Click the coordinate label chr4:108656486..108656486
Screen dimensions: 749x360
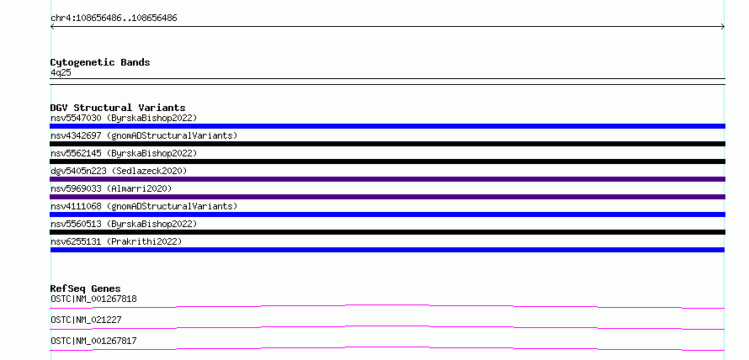114,19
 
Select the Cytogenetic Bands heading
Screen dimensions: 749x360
100,62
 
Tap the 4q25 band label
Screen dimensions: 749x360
61,72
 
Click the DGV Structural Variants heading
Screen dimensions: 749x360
118,108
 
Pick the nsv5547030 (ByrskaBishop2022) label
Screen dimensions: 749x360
124,118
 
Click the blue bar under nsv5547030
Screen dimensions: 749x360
387,126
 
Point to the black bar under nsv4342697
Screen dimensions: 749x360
387,144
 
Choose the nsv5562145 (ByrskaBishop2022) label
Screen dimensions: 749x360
124,153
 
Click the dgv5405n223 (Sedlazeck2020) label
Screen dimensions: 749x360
119,171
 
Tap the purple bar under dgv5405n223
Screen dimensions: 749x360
387,179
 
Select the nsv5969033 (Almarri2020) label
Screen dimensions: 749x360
111,188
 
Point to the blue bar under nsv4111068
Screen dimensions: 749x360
387,214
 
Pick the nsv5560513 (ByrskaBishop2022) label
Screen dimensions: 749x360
124,224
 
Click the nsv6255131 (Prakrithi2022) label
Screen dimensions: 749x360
116,241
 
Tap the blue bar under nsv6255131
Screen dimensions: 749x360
387,250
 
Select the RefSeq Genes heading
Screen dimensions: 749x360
85,289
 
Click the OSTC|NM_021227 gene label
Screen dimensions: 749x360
86,320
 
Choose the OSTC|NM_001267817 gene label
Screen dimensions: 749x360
93,341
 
